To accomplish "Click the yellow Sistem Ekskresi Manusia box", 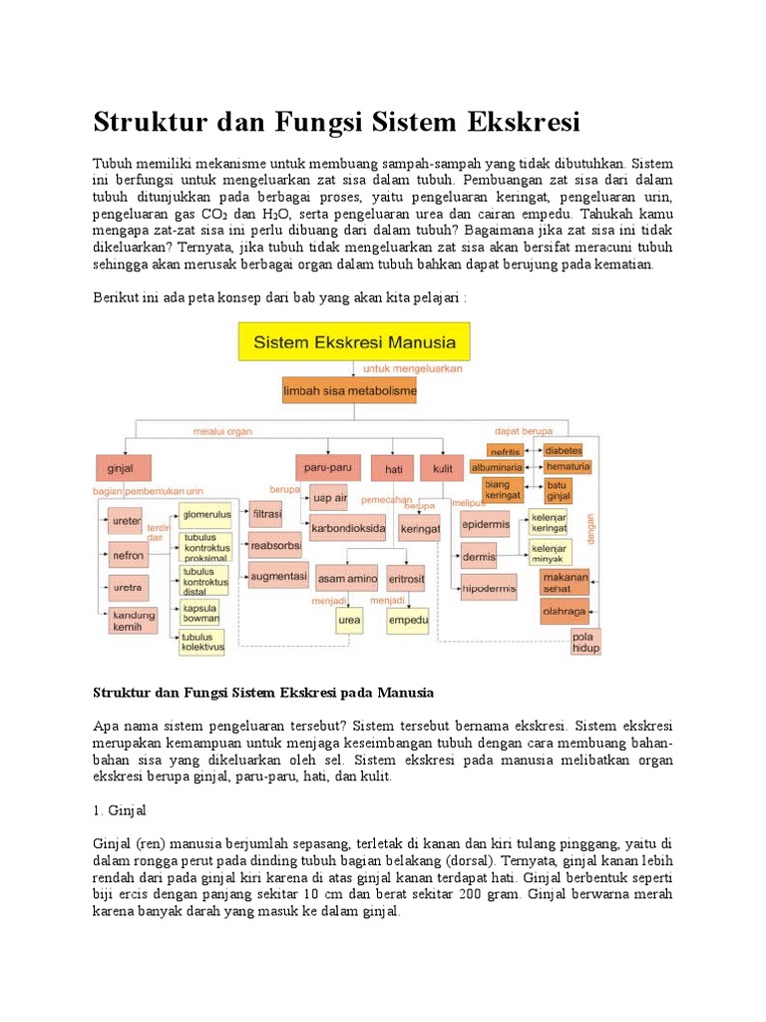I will [x=354, y=342].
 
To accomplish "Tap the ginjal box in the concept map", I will [x=121, y=467].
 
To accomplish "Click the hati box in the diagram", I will [x=392, y=467].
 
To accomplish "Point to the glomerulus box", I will [x=206, y=515].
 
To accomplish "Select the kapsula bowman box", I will [x=200, y=612].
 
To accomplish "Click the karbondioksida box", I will [x=348, y=529].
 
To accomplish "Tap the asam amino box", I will [x=346, y=578].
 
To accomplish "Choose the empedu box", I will [x=408, y=620].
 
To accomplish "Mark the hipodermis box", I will [x=488, y=588].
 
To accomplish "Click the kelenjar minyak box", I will [x=549, y=554].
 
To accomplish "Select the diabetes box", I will [x=564, y=450].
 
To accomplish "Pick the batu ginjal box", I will [x=557, y=490].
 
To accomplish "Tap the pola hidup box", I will [x=586, y=641].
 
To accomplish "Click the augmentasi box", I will [x=278, y=576].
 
